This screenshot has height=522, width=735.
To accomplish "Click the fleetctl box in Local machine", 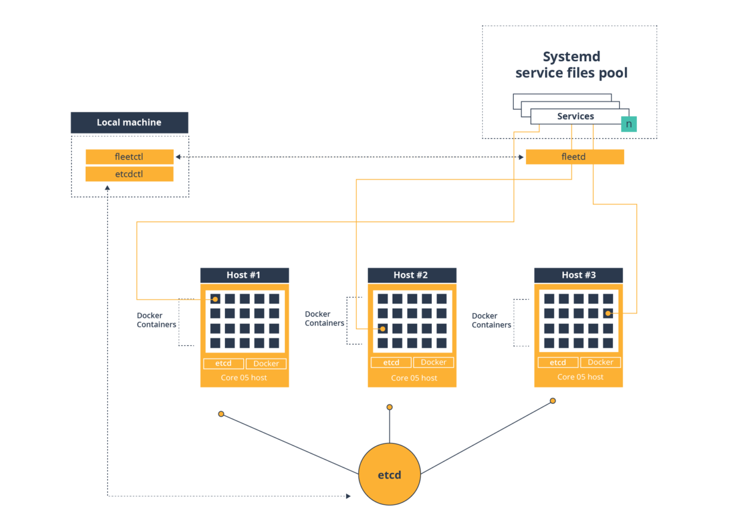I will (x=129, y=157).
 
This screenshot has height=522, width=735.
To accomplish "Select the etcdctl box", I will (x=129, y=174).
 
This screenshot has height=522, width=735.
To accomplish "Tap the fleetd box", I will (x=575, y=157).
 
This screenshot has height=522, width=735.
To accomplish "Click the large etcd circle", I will (x=390, y=474).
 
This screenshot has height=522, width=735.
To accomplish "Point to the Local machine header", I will (x=129, y=122).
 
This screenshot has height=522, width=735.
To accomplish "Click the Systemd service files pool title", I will (x=571, y=65).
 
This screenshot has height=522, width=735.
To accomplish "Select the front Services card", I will (x=575, y=116).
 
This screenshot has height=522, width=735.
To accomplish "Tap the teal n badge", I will (x=628, y=124).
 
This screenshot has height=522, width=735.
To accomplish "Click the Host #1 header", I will (x=244, y=275).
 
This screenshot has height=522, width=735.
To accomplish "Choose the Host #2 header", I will (x=412, y=275).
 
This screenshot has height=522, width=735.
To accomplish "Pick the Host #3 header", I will (x=578, y=275).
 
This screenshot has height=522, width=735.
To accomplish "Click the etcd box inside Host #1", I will (x=224, y=364).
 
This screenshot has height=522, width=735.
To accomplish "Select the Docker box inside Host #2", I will (x=434, y=362).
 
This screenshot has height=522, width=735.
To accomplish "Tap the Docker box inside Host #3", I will (x=600, y=362).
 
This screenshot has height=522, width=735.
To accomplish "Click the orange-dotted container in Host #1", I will (x=215, y=299).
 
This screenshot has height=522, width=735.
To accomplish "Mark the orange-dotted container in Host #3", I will (x=608, y=313).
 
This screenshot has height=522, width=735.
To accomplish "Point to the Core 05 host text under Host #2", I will (x=414, y=378).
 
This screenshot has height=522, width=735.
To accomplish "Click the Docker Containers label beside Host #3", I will (x=491, y=321).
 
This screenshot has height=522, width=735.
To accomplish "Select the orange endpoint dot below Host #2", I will (x=390, y=407).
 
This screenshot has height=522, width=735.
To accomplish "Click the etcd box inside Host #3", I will (x=558, y=362).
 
